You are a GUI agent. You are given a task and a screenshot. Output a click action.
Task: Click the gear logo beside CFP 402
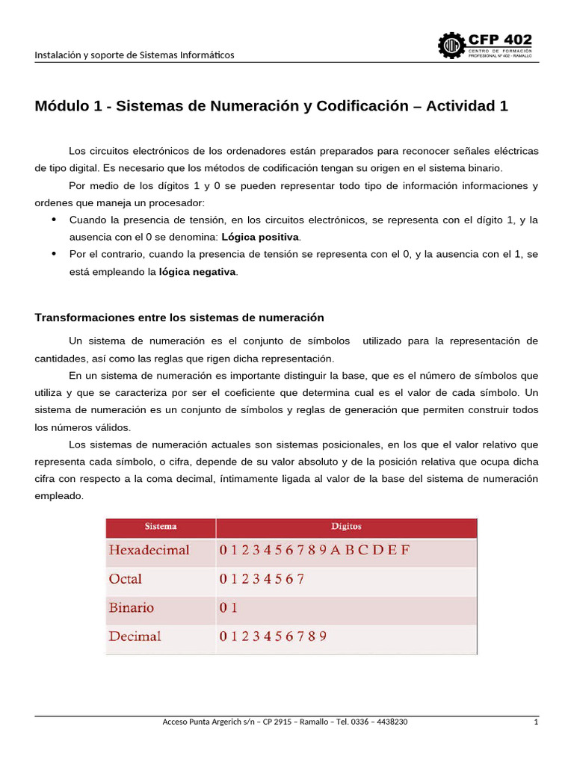[x=451, y=46]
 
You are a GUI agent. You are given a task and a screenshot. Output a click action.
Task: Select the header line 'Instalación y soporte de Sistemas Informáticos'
[x=135, y=55]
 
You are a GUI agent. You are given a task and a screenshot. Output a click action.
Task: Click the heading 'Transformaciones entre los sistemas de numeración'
[x=179, y=318]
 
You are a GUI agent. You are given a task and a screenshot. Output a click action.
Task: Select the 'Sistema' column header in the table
[x=161, y=527]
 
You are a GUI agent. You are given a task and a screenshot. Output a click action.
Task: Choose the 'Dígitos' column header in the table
[x=346, y=527]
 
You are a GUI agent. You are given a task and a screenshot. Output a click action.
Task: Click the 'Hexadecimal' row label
[x=149, y=551]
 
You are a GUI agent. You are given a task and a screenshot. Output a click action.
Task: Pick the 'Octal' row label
[x=126, y=579]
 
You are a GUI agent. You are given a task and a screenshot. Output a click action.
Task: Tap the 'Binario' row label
[x=132, y=607]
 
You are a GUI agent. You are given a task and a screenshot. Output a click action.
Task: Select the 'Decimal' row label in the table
[x=135, y=637]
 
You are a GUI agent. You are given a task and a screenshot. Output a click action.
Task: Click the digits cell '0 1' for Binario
[x=228, y=608]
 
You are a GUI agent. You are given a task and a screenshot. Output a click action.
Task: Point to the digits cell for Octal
[x=262, y=579]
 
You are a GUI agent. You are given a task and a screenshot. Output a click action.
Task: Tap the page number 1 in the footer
[x=536, y=722]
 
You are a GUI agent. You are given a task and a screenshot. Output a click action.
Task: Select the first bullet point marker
[x=53, y=220]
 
